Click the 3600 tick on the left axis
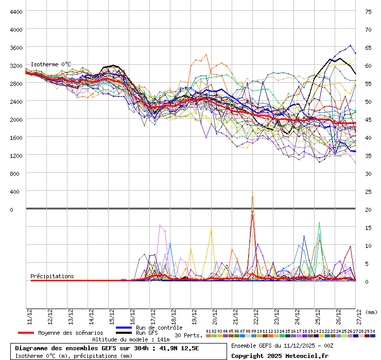coord(16,47)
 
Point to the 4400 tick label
coord(16,11)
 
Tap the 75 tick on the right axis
coord(368,11)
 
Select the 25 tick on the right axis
coord(368,192)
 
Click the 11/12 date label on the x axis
coord(29,315)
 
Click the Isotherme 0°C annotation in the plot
coord(50,64)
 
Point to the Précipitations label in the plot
coord(52,276)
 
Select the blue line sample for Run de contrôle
coord(124,328)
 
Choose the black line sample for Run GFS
coord(124,333)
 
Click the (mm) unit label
coord(372,312)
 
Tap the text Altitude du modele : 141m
coord(131,339)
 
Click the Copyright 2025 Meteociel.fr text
coord(280,355)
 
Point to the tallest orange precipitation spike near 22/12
coord(252,193)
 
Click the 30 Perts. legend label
coord(188,335)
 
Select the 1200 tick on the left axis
coord(16,155)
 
